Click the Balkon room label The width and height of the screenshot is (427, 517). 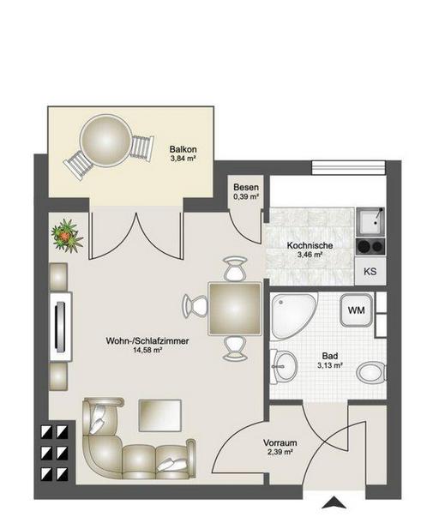click(183, 148)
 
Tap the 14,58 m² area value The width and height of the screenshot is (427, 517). click(147, 350)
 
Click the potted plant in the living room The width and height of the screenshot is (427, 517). click(67, 236)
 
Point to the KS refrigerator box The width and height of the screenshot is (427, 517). click(370, 271)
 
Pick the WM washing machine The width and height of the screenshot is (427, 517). click(357, 310)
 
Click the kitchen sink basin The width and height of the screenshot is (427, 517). click(370, 221)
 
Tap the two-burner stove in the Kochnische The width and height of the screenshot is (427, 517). click(370, 246)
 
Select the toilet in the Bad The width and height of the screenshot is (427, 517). click(371, 373)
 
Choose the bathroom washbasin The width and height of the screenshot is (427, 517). click(284, 367)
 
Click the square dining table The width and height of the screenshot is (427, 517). click(235, 309)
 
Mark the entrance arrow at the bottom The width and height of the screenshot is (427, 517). click(334, 502)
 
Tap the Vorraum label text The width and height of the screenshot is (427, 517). click(280, 442)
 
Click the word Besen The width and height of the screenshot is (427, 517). click(246, 187)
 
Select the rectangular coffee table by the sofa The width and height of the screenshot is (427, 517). click(160, 416)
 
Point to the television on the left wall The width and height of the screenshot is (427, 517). click(60, 327)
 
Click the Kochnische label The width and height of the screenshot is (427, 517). click(310, 245)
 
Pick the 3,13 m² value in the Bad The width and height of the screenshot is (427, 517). click(330, 365)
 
